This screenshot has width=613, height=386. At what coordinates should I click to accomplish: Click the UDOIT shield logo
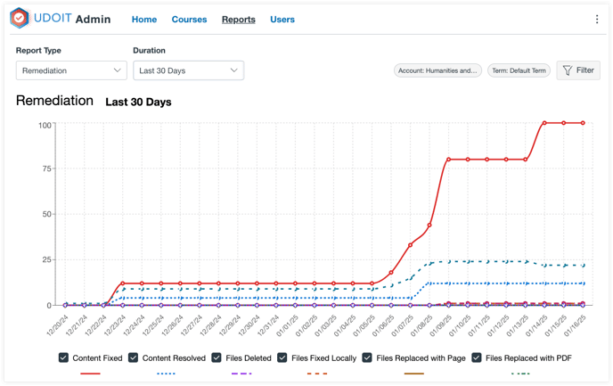point(20,19)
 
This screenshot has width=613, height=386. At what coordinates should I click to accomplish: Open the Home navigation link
point(144,20)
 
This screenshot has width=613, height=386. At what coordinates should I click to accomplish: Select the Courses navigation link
point(189,20)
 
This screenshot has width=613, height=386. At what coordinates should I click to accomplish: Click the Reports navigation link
point(238,20)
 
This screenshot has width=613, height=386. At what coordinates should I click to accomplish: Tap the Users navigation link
point(282,20)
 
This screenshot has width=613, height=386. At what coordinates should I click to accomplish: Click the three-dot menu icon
point(597,20)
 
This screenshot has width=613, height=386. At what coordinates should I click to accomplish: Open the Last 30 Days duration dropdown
point(188,70)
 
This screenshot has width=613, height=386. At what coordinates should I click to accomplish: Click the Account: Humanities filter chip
point(437,70)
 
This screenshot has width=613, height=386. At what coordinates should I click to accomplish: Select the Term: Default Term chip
point(519,70)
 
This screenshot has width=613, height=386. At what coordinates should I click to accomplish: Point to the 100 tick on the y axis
point(45,124)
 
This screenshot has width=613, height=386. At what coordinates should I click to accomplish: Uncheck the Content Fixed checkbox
point(63,358)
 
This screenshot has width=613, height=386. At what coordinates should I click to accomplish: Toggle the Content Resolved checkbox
point(135,358)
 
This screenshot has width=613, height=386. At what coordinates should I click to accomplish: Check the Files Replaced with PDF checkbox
point(478,358)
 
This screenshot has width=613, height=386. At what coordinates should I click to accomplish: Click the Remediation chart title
point(54,101)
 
